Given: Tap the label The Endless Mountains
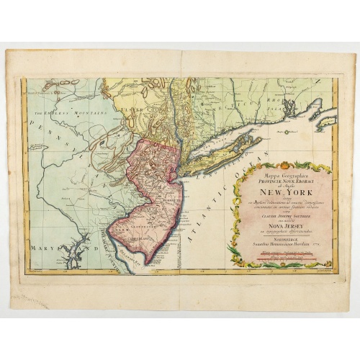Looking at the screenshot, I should point(54,112).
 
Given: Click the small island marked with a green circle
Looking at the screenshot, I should point(327,122).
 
